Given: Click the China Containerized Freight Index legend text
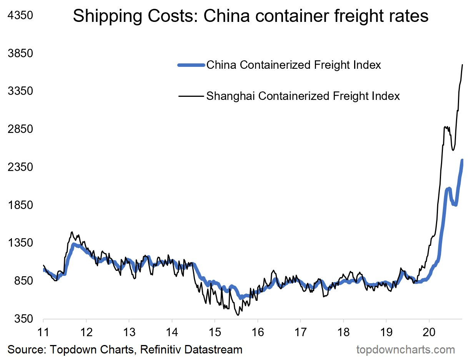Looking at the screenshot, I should click(294, 65).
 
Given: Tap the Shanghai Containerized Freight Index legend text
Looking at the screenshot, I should click(303, 96).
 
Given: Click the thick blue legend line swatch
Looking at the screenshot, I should click(191, 65).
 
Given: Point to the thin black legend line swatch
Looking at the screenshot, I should click(191, 96).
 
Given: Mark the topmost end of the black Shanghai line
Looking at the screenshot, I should click(462, 65).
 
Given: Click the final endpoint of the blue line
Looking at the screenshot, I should click(462, 160).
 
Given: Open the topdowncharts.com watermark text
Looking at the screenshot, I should click(406, 350).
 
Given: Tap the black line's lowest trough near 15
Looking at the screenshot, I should click(238, 315).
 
